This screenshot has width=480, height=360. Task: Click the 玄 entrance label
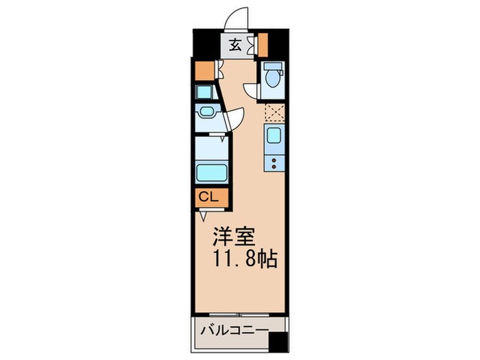(x=235, y=46)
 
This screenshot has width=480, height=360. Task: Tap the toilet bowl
(x=272, y=77)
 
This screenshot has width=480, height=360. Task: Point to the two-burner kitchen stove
(x=274, y=163)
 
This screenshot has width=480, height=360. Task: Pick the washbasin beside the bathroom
(x=206, y=114)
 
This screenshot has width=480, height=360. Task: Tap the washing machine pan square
(x=204, y=92)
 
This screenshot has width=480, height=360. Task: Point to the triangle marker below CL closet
(x=204, y=215)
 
